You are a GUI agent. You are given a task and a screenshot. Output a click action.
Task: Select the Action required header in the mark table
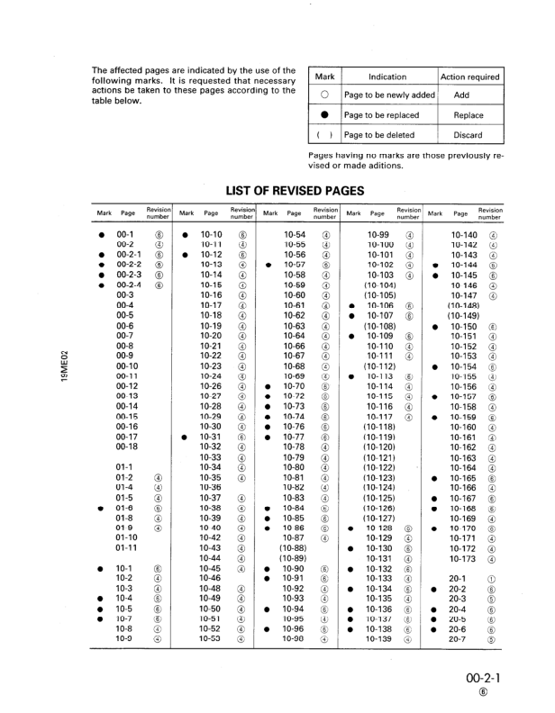pyautogui.click(x=470, y=77)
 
